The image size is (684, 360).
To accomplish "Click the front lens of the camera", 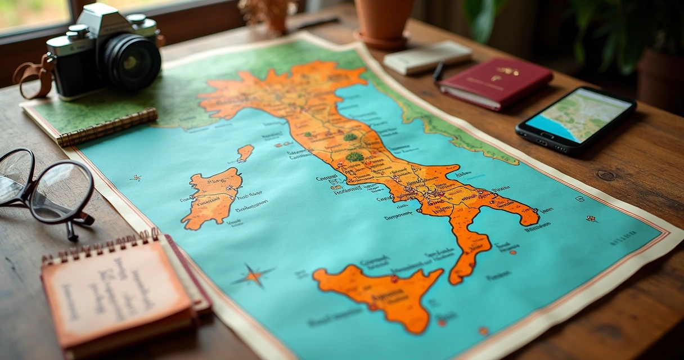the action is pyautogui.click(x=132, y=61).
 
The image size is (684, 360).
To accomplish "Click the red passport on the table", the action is pyautogui.click(x=496, y=83).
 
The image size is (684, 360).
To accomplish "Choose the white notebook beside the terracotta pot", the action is pyautogui.click(x=427, y=57).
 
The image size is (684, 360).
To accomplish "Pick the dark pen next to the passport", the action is pyautogui.click(x=438, y=72).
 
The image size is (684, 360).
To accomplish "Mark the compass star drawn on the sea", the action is pyautogui.click(x=253, y=276).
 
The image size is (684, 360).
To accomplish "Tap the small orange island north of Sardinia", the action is pyautogui.click(x=245, y=152).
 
